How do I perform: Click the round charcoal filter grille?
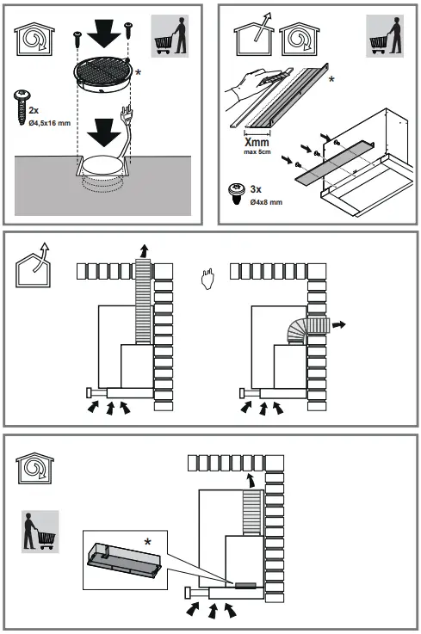click(x=102, y=74)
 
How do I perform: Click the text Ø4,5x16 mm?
click(x=49, y=123)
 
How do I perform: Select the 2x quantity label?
click(x=34, y=110)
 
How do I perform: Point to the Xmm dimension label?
click(x=257, y=142)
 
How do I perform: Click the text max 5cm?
click(x=257, y=152)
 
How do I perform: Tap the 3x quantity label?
click(x=256, y=189)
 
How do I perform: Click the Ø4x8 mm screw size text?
click(x=266, y=202)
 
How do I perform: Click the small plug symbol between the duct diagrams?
click(x=207, y=280)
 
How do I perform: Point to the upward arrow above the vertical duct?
click(x=143, y=250)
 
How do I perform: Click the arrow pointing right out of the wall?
click(x=339, y=324)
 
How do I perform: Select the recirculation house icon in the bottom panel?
click(x=34, y=468)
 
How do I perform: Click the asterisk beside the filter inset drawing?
click(x=148, y=541)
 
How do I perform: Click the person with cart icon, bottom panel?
click(x=40, y=532)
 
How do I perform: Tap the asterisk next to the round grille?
click(x=139, y=72)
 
